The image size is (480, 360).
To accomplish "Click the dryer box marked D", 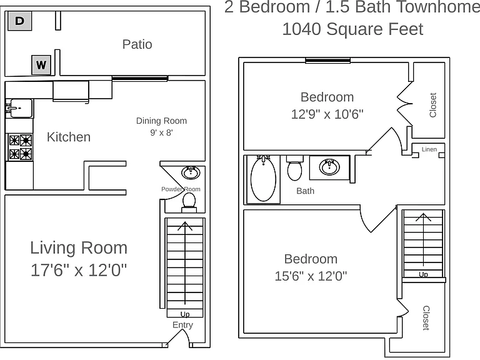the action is [x=19, y=21].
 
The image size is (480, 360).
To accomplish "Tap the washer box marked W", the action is [x=41, y=65].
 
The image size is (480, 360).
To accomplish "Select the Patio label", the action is [x=137, y=44].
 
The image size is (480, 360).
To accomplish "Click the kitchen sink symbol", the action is [x=19, y=108].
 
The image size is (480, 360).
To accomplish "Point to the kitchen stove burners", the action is [x=21, y=147].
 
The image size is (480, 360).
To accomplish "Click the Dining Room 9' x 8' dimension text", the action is [x=161, y=132].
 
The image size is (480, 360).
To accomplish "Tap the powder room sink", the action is [x=191, y=172].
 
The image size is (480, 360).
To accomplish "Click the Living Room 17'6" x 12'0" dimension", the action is [x=79, y=270].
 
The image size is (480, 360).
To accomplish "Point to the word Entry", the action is [x=182, y=325].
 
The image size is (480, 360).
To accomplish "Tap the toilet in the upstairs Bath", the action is [x=295, y=168].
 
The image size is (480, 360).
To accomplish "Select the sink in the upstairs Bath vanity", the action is [x=329, y=167].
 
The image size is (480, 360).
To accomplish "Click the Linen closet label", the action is [x=429, y=149].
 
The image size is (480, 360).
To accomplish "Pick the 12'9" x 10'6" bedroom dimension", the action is [x=327, y=114].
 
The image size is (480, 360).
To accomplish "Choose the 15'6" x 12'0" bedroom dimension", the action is [x=311, y=276].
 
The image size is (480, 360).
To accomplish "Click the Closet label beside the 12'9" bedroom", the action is [x=433, y=105].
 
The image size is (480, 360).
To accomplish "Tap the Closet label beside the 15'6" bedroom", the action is [x=426, y=318].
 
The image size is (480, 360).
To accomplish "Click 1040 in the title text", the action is [x=301, y=29].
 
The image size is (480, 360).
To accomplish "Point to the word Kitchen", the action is [x=69, y=137].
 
